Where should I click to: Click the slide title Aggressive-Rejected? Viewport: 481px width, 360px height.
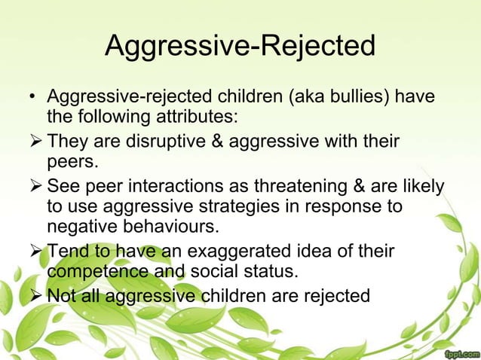(x=240, y=47)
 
